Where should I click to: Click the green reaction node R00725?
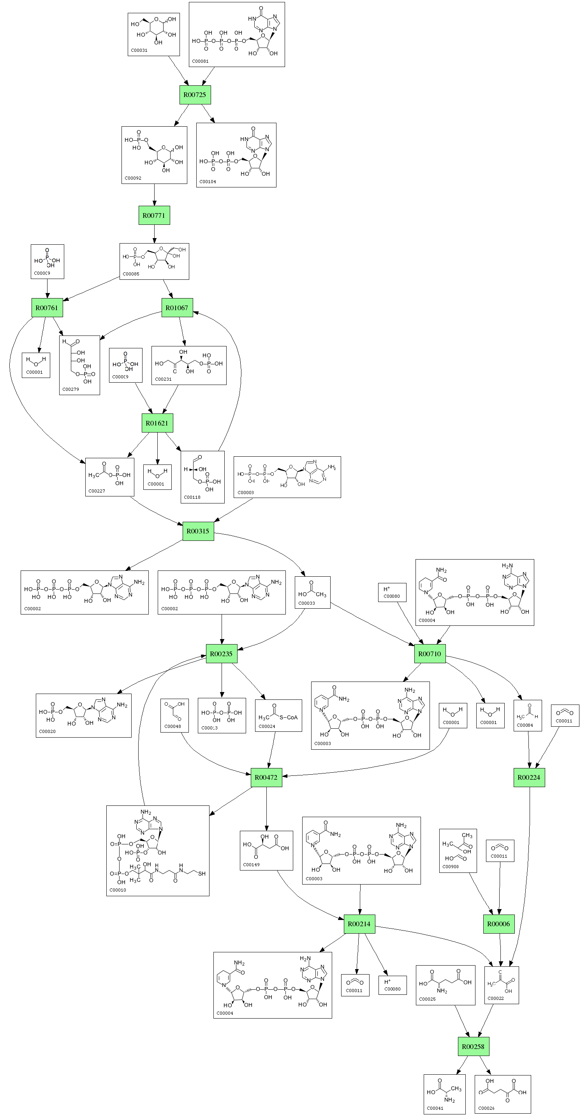point(195,95)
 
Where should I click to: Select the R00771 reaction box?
point(154,215)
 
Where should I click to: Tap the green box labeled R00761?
point(47,308)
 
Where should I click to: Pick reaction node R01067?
point(177,308)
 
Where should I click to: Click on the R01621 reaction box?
point(157,423)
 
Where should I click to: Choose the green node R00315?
point(198,531)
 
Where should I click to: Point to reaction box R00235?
point(222,654)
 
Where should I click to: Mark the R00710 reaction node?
point(430,654)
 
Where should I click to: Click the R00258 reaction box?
point(473,1047)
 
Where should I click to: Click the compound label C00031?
point(139,51)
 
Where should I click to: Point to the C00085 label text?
point(131,274)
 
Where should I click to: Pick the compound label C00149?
point(251,865)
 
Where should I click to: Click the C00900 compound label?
point(451,867)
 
